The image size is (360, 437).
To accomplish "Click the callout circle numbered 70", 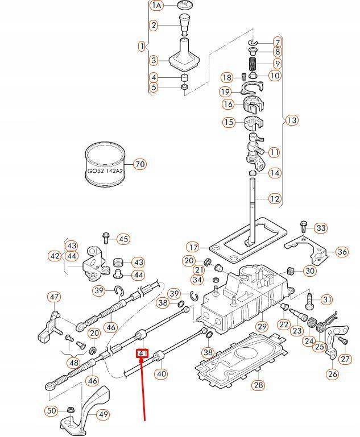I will pos(139,165).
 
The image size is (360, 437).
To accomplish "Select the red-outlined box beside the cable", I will pos(142,353).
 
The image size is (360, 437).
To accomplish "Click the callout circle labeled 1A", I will pos(156,5).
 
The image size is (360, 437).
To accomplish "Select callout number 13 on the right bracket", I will pos(292,120).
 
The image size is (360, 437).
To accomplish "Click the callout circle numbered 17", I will pos(193,247).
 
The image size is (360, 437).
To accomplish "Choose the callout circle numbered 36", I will pos(342,252).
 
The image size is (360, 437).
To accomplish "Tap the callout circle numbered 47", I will pos(53,297).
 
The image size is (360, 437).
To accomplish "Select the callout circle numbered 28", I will pos(259,385).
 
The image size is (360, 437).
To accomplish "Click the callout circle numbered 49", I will pos(103,414).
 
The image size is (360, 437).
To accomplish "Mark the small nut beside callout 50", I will pos(69,410).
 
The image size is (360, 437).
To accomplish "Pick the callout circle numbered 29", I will pos(262,326).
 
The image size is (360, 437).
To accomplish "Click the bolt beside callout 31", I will pos(310,298).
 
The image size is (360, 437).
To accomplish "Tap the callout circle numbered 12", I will pos(275,199).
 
